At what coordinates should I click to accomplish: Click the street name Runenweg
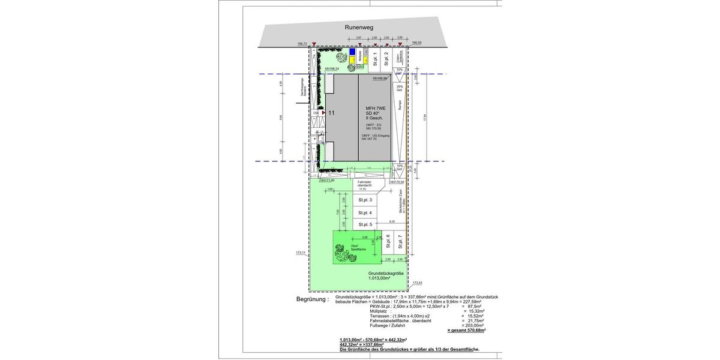pyautogui.click(x=359, y=28)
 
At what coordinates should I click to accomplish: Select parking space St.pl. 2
pyautogui.click(x=387, y=59)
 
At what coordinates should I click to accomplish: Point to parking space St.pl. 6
pyautogui.click(x=388, y=241)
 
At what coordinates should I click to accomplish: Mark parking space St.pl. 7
pyautogui.click(x=400, y=241)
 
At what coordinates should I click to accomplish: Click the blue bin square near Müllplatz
pyautogui.click(x=352, y=52)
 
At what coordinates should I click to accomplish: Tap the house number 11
pyautogui.click(x=331, y=112)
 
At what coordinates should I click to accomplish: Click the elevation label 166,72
pyautogui.click(x=302, y=44)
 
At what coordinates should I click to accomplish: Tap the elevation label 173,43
pyautogui.click(x=417, y=283)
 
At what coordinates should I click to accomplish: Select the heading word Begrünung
pyautogui.click(x=312, y=299)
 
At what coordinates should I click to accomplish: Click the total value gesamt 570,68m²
pyautogui.click(x=466, y=331)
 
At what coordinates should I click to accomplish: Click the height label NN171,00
pyautogui.click(x=326, y=181)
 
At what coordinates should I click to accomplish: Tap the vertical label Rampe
pyautogui.click(x=399, y=104)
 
